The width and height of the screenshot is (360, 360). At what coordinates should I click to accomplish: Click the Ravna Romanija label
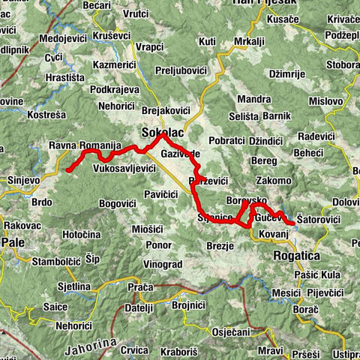click(x=84, y=144)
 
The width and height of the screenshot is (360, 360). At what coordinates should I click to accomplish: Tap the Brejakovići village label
click(x=166, y=110)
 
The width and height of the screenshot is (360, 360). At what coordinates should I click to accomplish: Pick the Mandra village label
click(x=252, y=99)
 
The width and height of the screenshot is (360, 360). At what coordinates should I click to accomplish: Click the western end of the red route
click(x=68, y=170)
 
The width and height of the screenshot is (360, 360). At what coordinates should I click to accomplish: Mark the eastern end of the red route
click(x=292, y=223)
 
